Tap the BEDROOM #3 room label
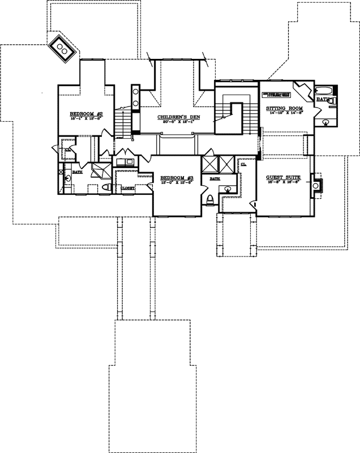tap(176, 177)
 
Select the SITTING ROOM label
tap(284, 108)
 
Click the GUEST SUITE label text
tap(282, 177)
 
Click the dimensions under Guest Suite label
tap(282, 183)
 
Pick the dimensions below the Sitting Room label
tap(284, 113)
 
